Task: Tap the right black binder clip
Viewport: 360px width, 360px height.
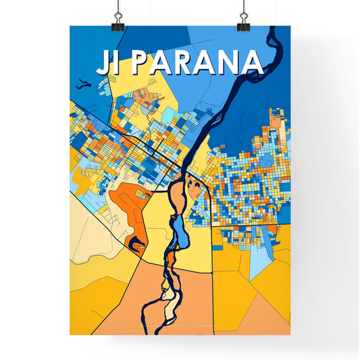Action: click(242, 14)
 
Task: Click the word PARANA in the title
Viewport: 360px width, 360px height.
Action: click(196, 62)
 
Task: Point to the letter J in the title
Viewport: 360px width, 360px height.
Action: click(101, 62)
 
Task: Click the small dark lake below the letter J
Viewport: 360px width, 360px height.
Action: click(82, 84)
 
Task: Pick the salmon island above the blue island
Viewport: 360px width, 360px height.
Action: click(177, 199)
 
